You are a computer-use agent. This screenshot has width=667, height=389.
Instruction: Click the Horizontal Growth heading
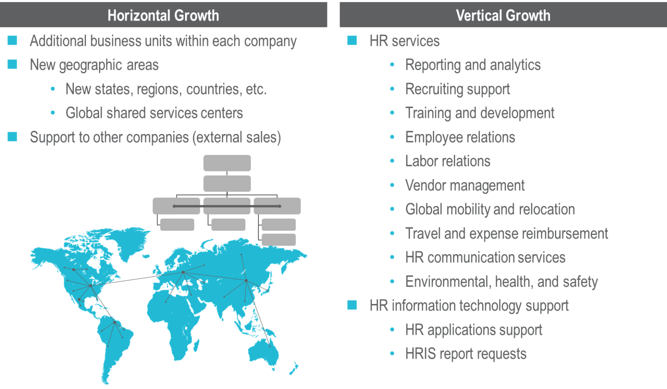(163, 16)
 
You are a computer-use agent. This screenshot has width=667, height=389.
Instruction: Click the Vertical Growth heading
(503, 16)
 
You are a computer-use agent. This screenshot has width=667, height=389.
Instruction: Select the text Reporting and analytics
(473, 65)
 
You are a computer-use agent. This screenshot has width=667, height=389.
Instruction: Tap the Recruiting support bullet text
(457, 89)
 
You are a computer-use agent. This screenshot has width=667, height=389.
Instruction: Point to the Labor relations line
(448, 161)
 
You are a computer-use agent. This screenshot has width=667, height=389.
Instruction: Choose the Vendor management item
(465, 186)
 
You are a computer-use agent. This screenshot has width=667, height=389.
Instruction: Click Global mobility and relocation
(490, 209)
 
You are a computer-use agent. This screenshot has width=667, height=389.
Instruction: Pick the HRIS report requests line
(466, 354)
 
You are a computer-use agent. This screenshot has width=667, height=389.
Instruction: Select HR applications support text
(474, 330)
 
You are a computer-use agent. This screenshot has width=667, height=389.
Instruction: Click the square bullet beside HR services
(352, 41)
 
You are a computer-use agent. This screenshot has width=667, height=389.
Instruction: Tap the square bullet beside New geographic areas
(13, 65)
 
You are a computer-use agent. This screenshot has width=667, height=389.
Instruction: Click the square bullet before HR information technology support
(352, 306)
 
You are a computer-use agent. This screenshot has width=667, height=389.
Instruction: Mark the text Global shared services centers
(154, 113)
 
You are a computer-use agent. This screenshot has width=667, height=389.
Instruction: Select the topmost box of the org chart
(227, 163)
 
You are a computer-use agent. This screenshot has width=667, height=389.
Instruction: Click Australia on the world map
(263, 351)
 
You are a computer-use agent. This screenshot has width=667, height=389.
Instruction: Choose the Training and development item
(480, 113)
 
